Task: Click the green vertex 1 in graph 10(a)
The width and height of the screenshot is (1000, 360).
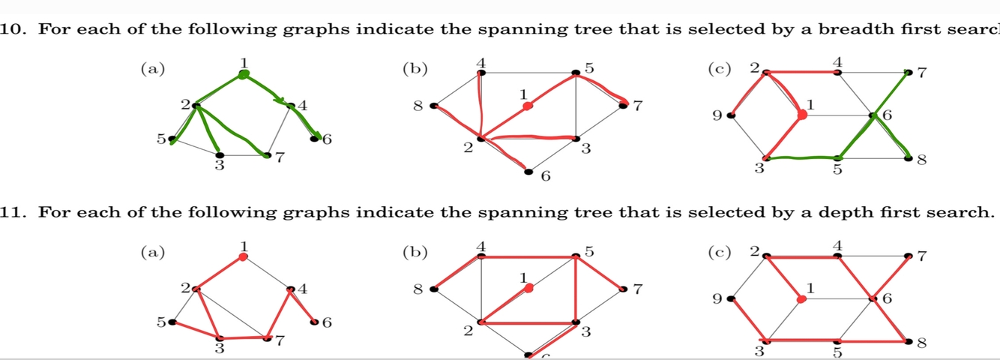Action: pos(243,73)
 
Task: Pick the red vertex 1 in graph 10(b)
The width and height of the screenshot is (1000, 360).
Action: pos(527,106)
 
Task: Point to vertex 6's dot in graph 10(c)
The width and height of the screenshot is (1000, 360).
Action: pos(873,115)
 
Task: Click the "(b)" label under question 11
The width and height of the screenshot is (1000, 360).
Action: pos(414,252)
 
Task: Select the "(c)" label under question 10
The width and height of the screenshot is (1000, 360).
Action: pos(720,68)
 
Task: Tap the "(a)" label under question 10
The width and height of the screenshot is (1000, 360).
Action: pos(152,68)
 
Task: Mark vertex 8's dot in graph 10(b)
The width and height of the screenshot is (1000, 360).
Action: pos(433,106)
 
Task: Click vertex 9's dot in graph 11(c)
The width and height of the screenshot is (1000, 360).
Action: pos(730,298)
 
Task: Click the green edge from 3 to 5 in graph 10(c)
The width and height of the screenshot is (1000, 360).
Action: pos(801,157)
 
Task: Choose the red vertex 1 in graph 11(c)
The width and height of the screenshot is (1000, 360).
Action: pos(801,298)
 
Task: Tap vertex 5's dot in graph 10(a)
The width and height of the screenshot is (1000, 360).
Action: pos(172,139)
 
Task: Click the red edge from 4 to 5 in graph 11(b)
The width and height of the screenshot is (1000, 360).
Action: pos(528,256)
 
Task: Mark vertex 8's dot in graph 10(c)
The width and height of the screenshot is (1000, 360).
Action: pos(910,158)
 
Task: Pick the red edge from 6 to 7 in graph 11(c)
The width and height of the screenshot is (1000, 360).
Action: pos(892,277)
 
